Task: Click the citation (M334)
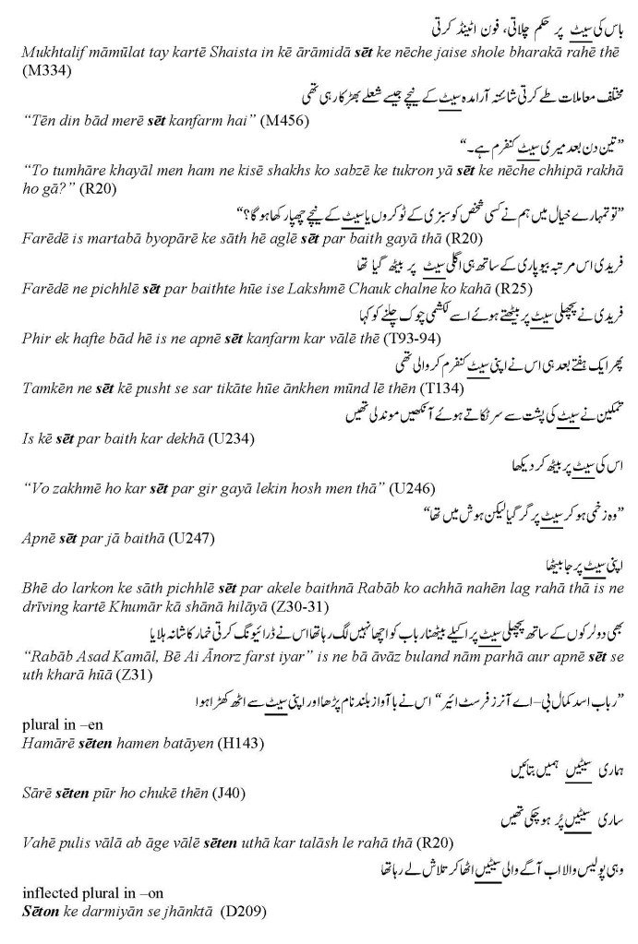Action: point(40,68)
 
